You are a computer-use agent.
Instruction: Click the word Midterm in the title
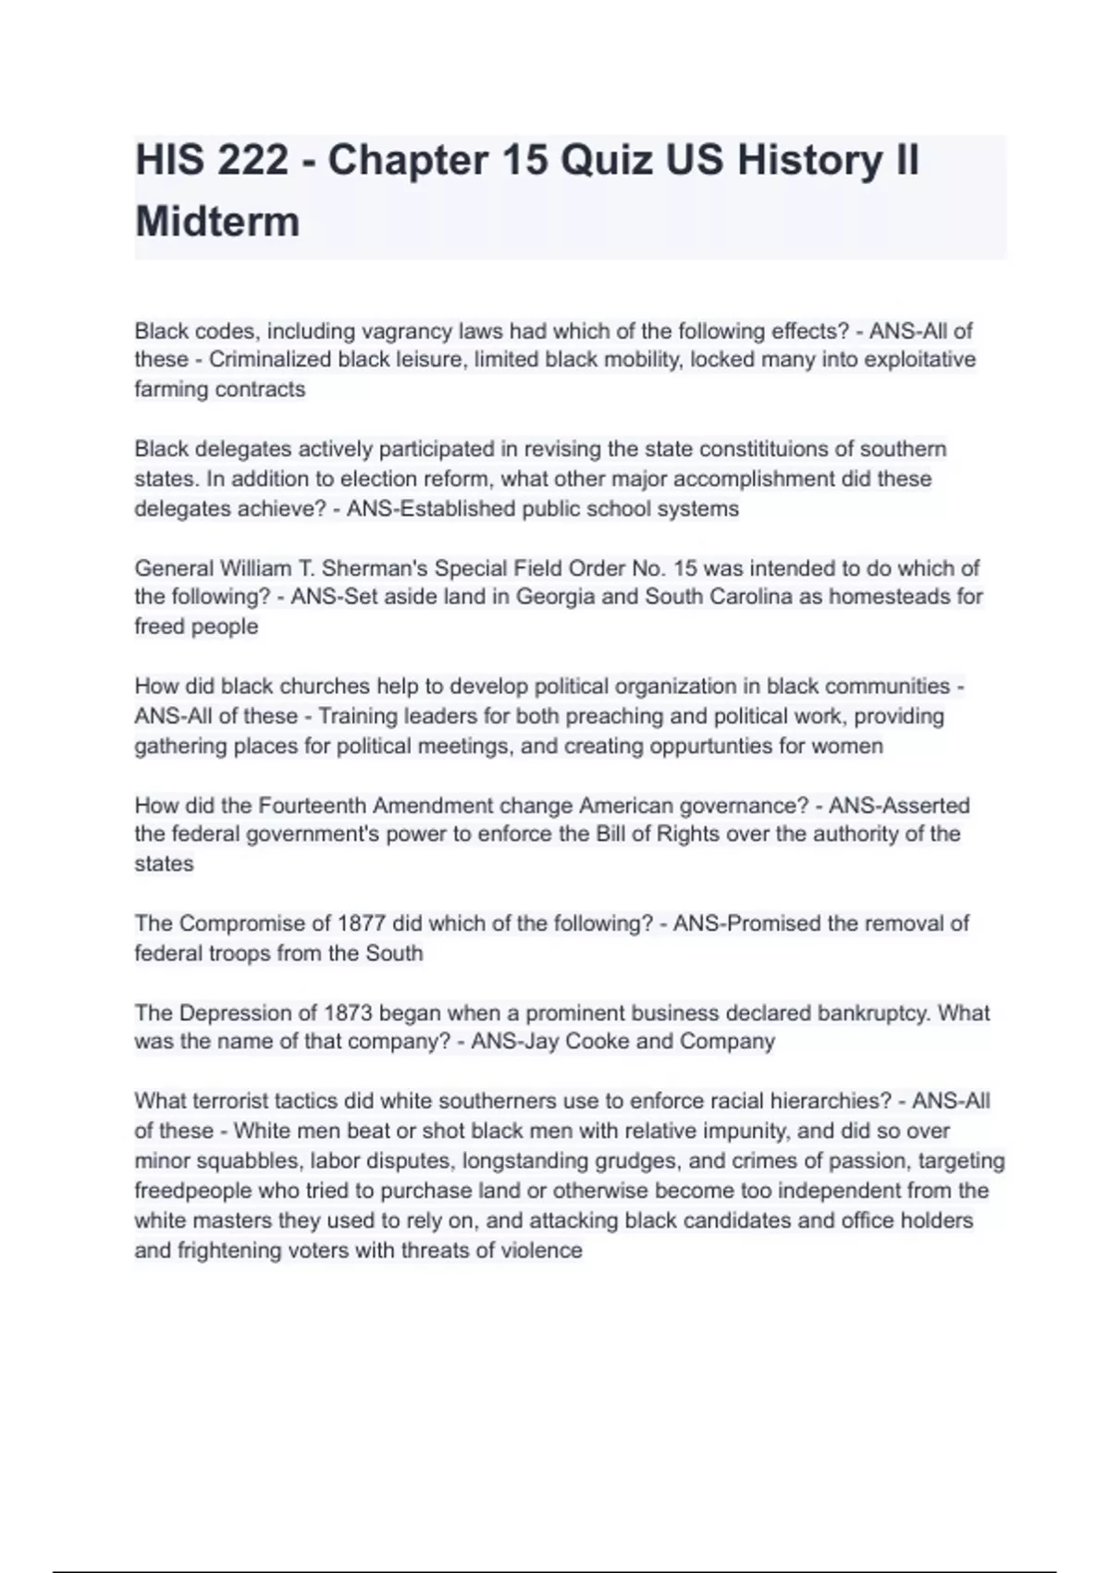point(217,222)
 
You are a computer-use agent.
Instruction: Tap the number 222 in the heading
point(253,160)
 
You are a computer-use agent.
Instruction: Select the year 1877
point(362,923)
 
